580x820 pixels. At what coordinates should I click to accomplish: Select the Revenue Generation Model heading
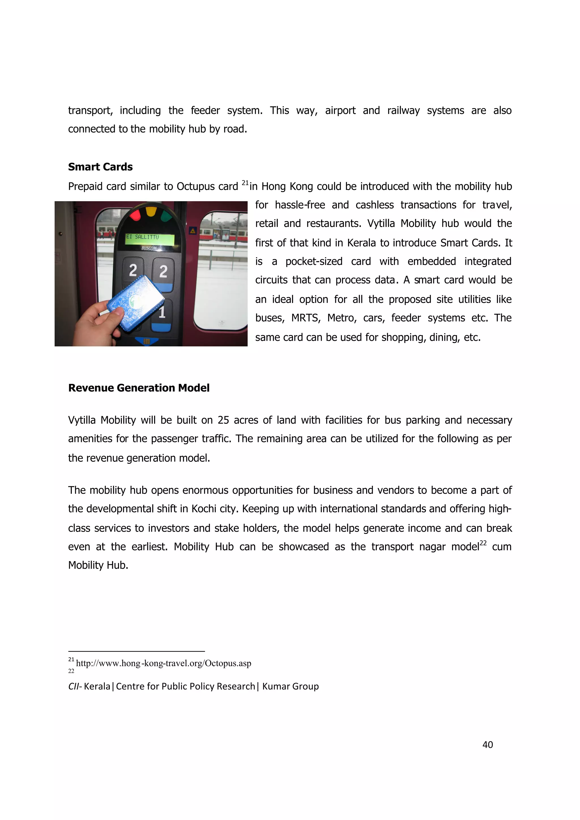(139, 388)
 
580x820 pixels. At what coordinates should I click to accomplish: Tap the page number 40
(487, 745)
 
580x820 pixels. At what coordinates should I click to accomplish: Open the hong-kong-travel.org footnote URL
(163, 663)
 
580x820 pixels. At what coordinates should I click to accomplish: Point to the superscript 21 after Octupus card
(245, 183)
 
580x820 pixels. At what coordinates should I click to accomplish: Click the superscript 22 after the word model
(483, 543)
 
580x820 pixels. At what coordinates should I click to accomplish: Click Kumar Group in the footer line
(290, 686)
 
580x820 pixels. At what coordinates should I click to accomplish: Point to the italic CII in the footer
(74, 686)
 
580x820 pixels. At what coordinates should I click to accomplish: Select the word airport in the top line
(340, 110)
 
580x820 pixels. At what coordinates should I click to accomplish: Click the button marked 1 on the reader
(163, 312)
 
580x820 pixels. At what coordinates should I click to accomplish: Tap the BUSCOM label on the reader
(149, 248)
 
